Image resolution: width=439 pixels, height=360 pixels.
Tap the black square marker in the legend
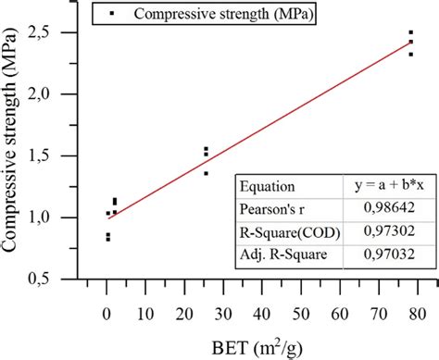click(113, 14)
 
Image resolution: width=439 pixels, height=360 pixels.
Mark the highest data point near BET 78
click(411, 32)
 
